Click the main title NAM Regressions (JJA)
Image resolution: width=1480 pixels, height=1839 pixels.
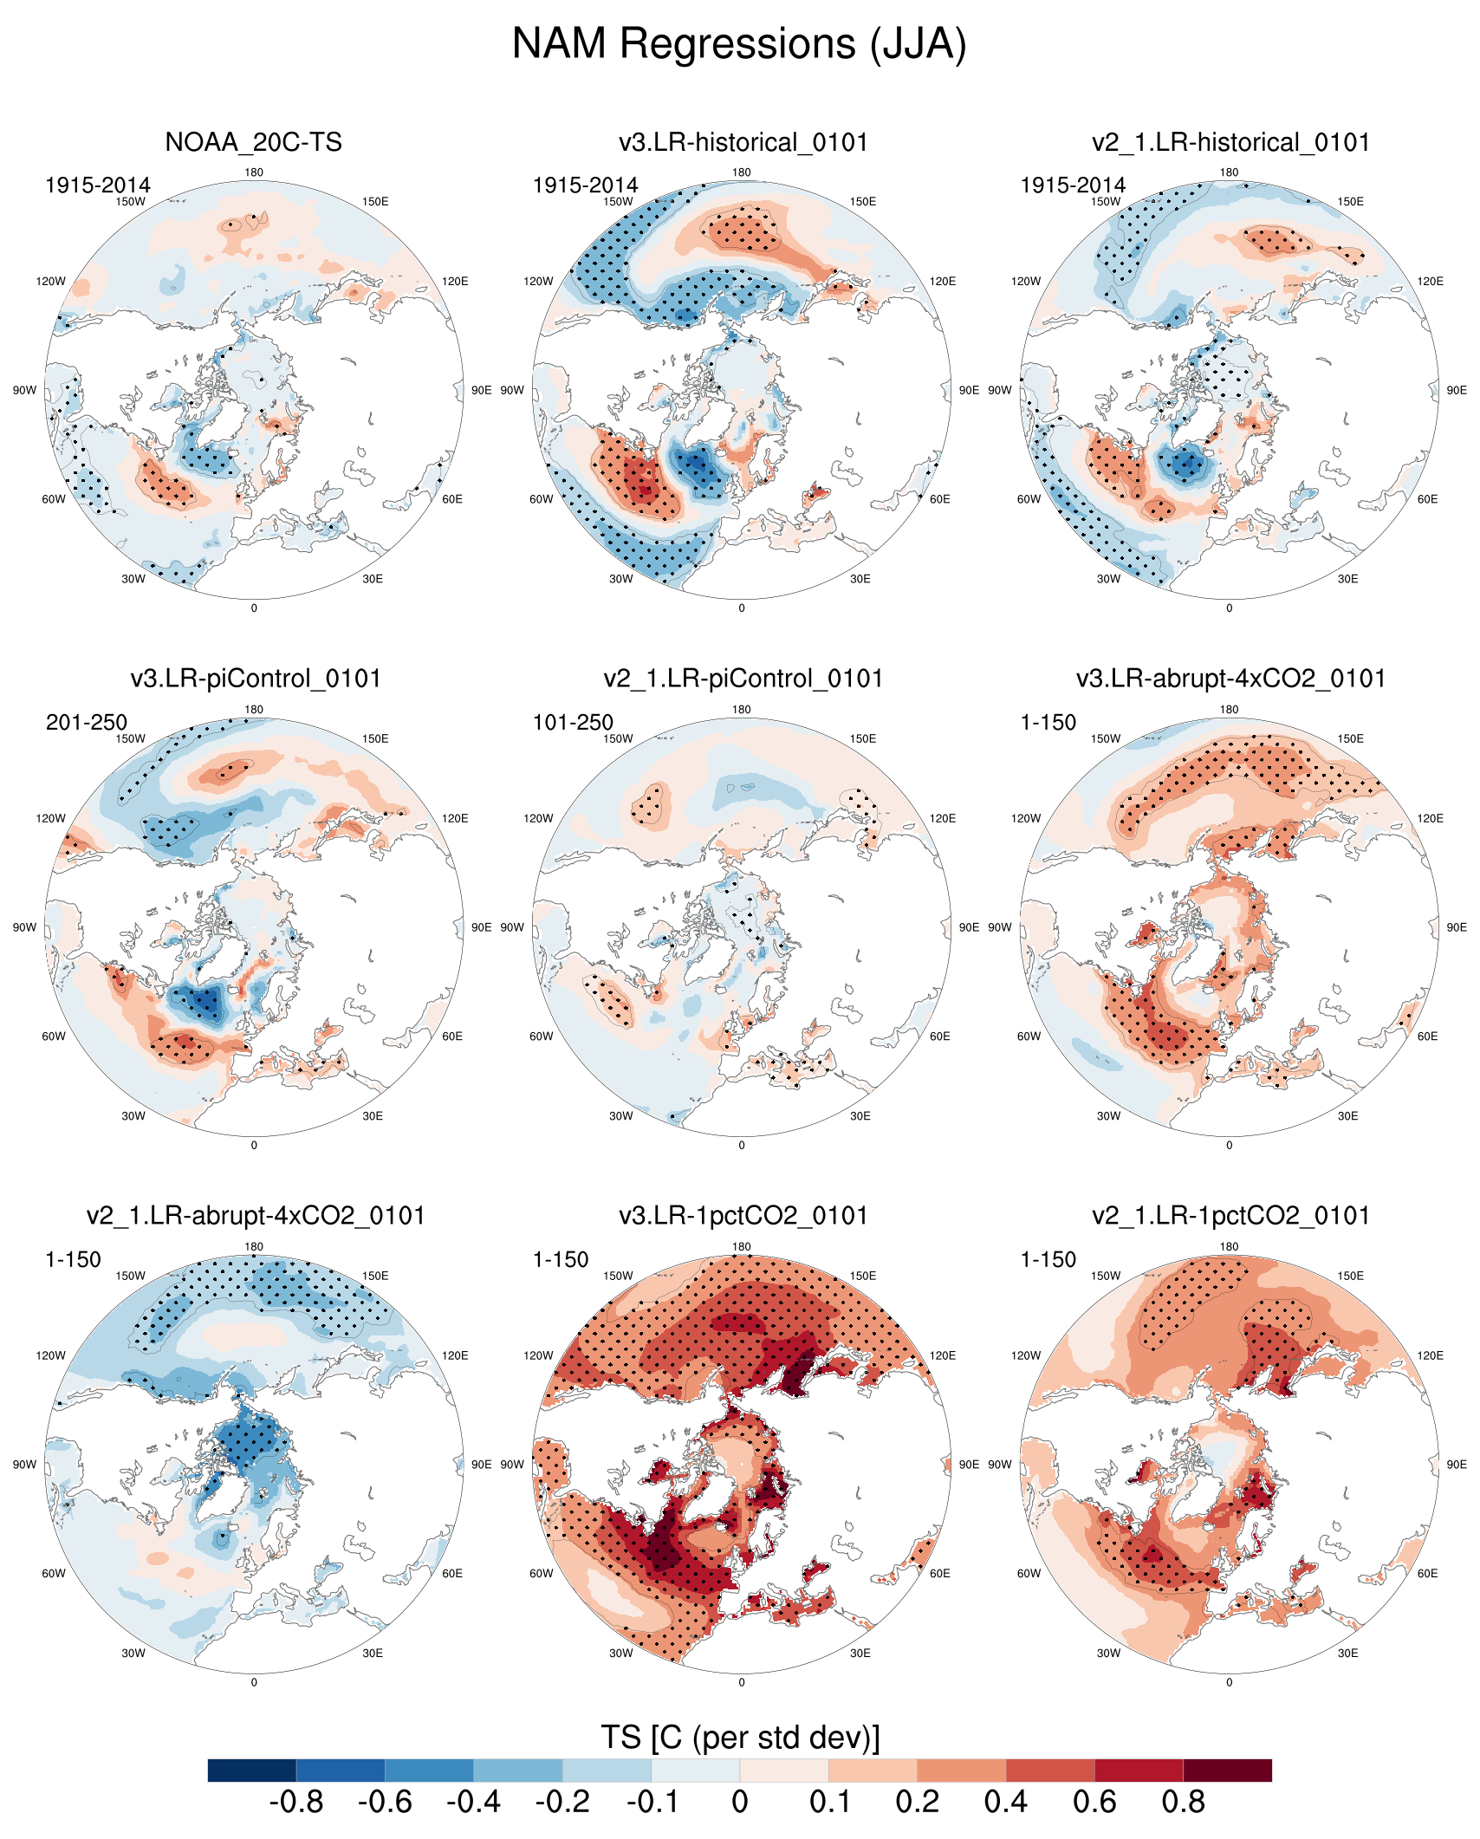pos(739,43)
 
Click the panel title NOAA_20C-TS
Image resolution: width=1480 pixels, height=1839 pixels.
pos(253,142)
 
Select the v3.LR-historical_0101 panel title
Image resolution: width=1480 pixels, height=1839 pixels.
pos(743,142)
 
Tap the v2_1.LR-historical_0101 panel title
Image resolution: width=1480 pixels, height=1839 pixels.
pos(1230,142)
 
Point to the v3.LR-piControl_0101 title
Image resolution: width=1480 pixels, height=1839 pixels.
pos(256,679)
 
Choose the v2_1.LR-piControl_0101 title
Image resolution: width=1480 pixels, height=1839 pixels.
pos(743,679)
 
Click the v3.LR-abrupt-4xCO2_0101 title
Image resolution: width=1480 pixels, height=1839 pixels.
pos(1230,679)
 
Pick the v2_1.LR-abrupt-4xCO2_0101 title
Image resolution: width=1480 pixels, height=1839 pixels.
pos(256,1216)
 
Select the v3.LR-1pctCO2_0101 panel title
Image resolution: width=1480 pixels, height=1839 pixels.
pos(743,1216)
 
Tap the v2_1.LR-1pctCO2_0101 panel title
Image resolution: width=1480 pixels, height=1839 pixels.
pos(1230,1216)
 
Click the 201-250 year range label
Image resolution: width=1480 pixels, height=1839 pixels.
pos(87,723)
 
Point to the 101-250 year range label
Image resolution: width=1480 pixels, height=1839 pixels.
pos(573,723)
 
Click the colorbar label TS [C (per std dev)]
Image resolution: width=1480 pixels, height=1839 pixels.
pos(740,1738)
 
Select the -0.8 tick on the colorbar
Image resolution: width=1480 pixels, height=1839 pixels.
pos(296,1803)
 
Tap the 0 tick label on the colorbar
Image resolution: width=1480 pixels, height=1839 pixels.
pos(740,1803)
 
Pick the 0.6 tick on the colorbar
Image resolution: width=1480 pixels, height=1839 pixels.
pos(1094,1803)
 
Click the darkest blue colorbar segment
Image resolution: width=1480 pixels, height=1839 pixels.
pos(252,1771)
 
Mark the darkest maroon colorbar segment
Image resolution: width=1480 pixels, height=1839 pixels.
pos(1227,1771)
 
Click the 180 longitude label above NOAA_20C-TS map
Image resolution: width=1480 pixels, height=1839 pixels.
pos(254,172)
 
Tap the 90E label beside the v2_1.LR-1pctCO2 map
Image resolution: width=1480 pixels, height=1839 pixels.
pos(1457,1465)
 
